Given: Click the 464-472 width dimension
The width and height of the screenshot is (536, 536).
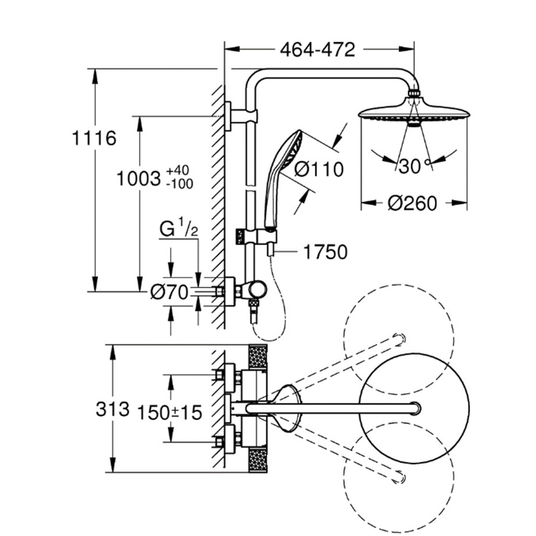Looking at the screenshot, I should tap(317, 50).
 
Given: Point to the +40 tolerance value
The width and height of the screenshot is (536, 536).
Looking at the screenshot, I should tap(178, 171).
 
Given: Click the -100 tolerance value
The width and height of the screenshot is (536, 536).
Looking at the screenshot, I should tap(180, 184).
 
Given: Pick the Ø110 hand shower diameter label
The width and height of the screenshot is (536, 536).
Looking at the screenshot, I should tap(319, 169).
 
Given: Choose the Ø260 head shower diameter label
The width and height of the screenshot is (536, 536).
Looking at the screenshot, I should tap(411, 203).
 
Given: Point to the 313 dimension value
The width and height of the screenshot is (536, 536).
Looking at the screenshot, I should tap(112, 409).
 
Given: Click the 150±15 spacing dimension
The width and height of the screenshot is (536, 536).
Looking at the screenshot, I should tap(169, 413).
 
